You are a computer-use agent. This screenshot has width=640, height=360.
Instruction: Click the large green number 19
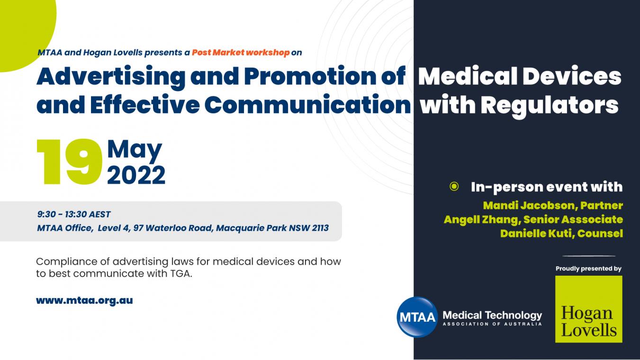tap(70, 162)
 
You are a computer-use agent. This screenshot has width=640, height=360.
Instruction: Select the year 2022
tap(136, 175)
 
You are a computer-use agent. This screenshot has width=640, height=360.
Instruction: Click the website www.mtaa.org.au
tap(84, 301)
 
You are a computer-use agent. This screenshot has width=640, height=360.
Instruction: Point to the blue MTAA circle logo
tap(417, 317)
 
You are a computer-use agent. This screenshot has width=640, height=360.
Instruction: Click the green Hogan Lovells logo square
tap(588, 309)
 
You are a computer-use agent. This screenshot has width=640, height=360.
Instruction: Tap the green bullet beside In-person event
tap(454, 187)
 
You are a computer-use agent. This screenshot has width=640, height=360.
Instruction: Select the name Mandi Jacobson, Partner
tap(553, 206)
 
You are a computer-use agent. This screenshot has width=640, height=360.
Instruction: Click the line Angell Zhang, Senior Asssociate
tap(533, 219)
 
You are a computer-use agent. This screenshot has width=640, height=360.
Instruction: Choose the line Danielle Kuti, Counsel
tap(561, 234)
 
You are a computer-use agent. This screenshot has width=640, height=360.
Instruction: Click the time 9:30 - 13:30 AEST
tap(74, 214)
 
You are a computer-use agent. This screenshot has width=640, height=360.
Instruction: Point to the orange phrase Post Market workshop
tap(241, 53)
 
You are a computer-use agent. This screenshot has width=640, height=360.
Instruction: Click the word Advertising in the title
tap(111, 77)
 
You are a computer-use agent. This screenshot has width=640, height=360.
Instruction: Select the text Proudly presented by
tap(588, 269)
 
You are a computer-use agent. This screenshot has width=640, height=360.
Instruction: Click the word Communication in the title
tap(307, 105)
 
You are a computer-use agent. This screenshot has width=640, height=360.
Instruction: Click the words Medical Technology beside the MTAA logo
tap(492, 315)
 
